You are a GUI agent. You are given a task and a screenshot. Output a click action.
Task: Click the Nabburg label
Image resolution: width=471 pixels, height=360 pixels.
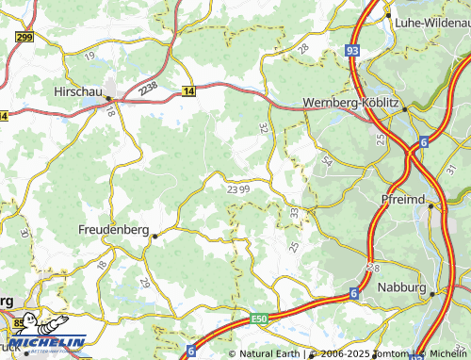tap(401, 286)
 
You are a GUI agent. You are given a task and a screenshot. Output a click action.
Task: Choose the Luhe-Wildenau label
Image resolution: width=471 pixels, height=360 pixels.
tap(430, 22)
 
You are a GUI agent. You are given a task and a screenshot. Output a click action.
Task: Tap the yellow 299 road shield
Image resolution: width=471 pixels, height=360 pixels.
tap(24, 37)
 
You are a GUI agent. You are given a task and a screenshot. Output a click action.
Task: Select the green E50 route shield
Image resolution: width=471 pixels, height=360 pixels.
tap(259, 319)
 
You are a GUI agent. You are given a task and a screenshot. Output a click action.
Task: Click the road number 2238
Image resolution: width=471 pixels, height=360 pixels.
tap(147, 87)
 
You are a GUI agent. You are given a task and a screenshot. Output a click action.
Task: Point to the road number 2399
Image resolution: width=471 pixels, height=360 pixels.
tap(238, 188)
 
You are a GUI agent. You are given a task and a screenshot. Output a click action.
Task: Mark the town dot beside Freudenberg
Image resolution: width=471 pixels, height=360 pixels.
tap(154, 236)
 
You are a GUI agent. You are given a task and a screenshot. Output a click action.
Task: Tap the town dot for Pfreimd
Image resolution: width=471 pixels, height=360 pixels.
tap(430, 207)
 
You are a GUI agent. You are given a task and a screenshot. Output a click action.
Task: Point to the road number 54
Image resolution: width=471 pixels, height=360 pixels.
tap(327, 161)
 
